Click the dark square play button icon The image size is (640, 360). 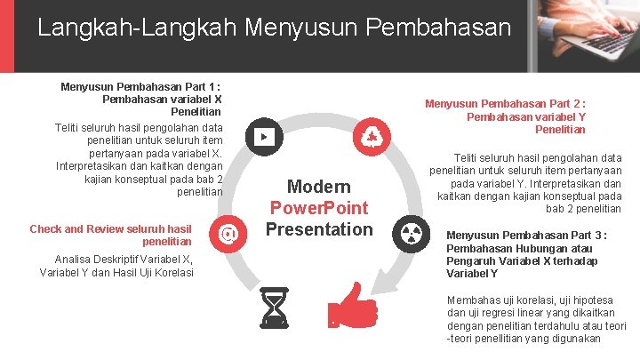[265, 137]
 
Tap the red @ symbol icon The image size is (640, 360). [228, 234]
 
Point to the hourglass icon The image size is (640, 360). [275, 308]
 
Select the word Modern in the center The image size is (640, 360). [318, 187]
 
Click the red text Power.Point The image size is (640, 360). [318, 208]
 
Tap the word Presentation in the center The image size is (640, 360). [318, 229]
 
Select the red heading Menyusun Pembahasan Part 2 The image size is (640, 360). [505, 104]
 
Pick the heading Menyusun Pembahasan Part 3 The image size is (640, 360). [527, 236]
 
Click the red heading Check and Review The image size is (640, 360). [110, 229]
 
